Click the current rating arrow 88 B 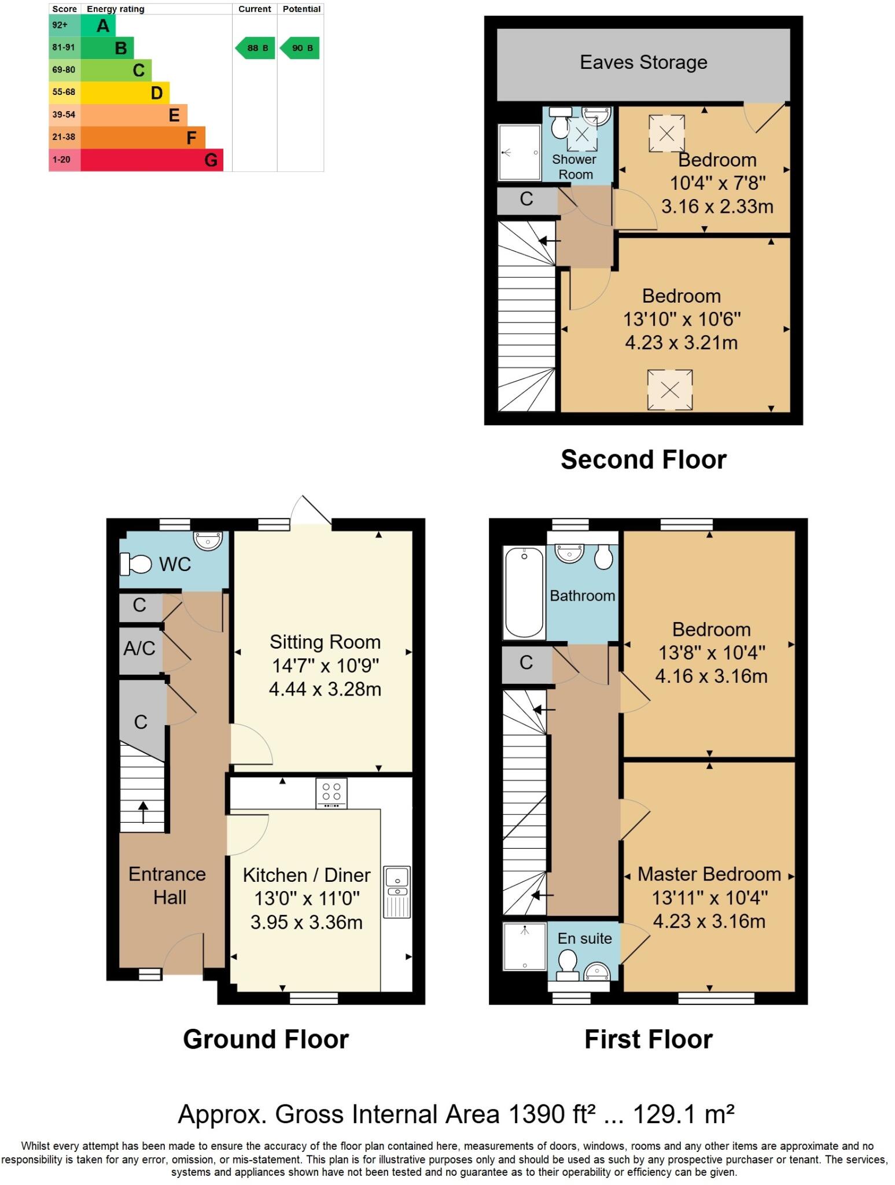[x=255, y=48]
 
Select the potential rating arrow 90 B [x=300, y=48]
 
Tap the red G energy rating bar [x=152, y=160]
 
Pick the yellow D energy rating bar [x=124, y=93]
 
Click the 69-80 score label [x=64, y=70]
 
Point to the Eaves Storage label [x=643, y=62]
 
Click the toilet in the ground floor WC [x=135, y=563]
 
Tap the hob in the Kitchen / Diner [x=332, y=793]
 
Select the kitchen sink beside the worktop [x=397, y=892]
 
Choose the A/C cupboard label [x=139, y=649]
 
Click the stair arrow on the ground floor [x=142, y=812]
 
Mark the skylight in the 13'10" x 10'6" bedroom [x=669, y=389]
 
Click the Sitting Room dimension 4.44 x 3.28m [x=325, y=689]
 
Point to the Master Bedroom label [x=709, y=874]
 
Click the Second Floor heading [x=643, y=460]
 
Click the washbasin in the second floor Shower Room [x=596, y=116]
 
